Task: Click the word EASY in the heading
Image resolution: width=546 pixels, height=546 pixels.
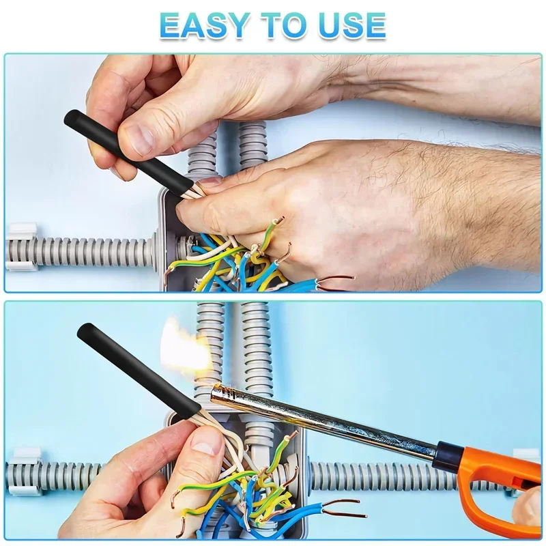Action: click(202, 25)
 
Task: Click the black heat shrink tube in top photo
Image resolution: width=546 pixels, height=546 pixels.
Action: click(128, 150)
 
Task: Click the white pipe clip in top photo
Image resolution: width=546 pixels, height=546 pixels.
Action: click(22, 248)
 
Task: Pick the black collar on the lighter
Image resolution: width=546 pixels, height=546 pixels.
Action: click(448, 455)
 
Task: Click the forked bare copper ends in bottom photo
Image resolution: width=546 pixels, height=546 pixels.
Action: click(345, 508)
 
